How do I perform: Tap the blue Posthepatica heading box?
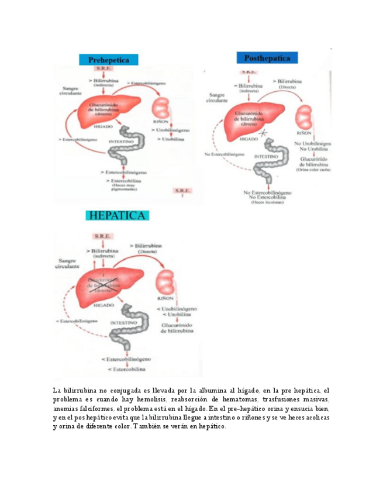tap(267, 57)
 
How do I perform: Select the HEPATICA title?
tap(118, 215)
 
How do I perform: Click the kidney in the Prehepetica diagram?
tap(160, 109)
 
